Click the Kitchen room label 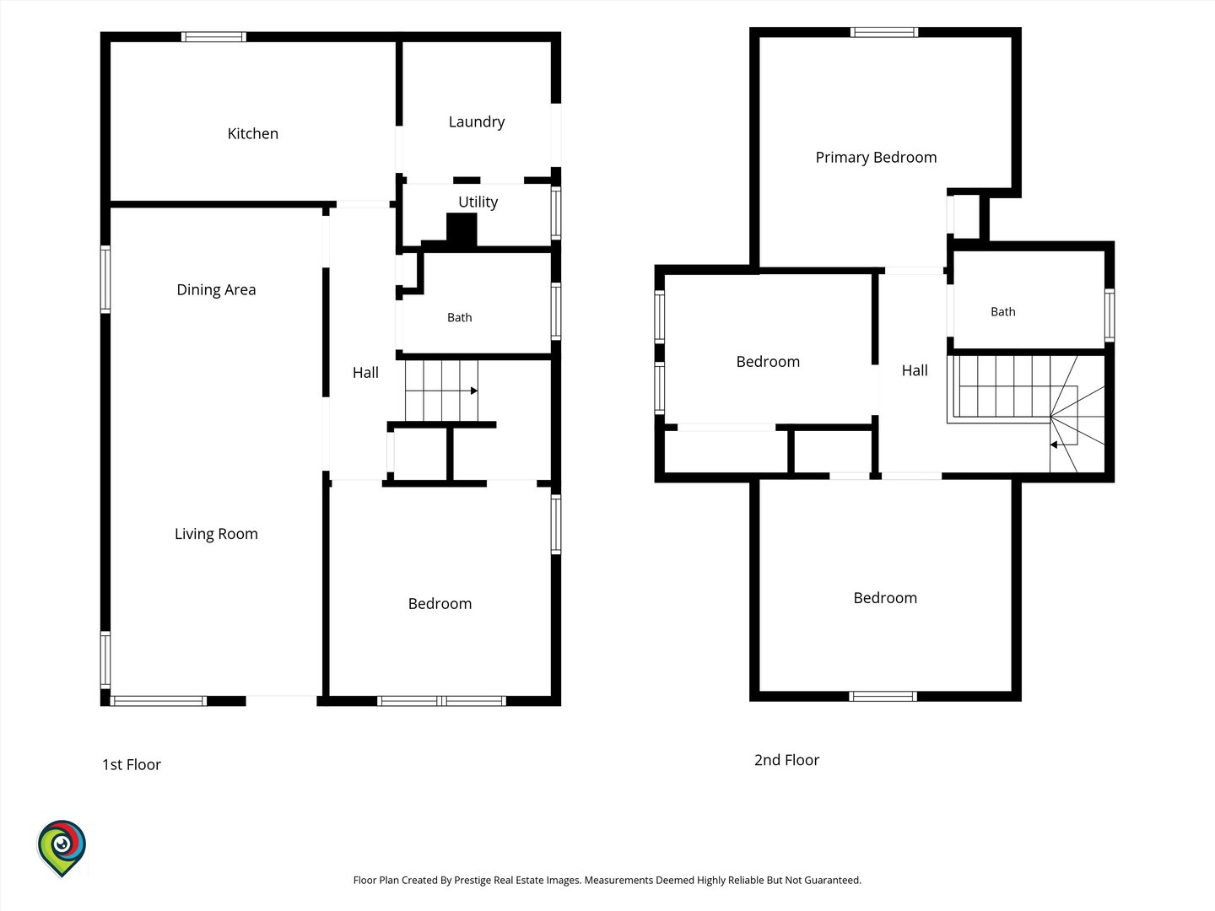tap(252, 133)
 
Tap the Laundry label tap(477, 122)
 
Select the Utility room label tap(478, 202)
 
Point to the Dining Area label tap(216, 290)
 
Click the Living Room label tap(216, 534)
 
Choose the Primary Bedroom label tap(876, 158)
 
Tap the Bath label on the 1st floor tap(460, 317)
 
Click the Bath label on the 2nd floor tap(1003, 312)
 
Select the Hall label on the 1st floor tap(365, 373)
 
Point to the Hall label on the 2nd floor tap(915, 370)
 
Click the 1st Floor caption tap(131, 764)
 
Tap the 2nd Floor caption tap(786, 760)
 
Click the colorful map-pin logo tap(62, 848)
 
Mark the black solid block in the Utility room tap(462, 229)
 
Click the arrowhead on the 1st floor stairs tap(474, 391)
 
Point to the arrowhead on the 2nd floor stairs tap(1054, 445)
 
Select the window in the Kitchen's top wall tap(213, 37)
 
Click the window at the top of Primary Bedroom tap(884, 32)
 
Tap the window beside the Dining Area tap(105, 279)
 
